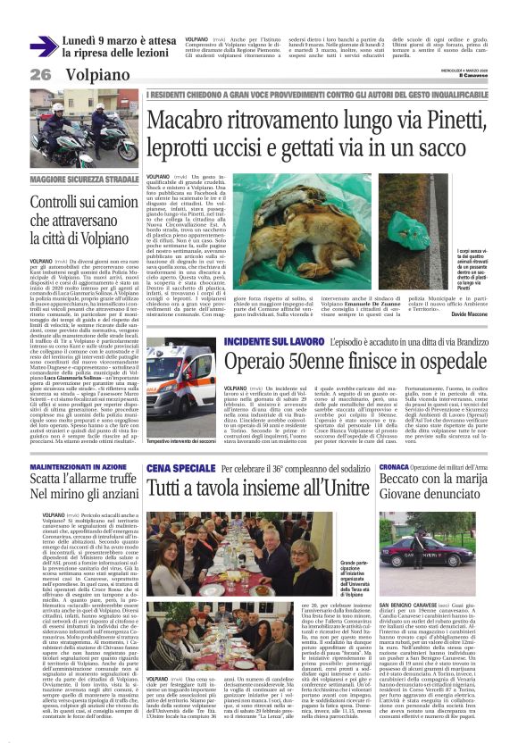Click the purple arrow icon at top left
44,46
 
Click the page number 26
40,75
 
